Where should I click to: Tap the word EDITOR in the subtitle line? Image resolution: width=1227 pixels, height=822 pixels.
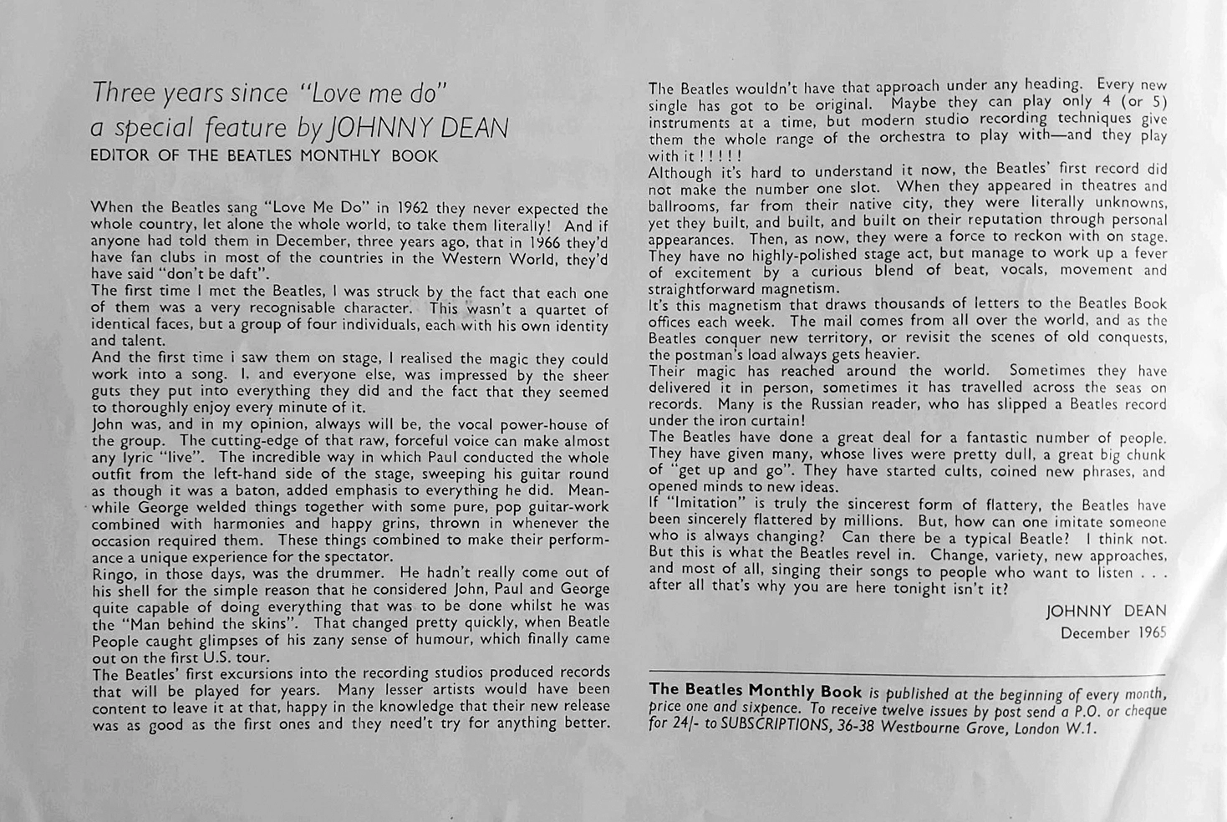click(119, 156)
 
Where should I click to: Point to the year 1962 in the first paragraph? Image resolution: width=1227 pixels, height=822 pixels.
click(413, 208)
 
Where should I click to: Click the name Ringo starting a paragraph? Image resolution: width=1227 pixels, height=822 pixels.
click(112, 573)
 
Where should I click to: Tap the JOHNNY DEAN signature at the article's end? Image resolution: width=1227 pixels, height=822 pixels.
click(1106, 611)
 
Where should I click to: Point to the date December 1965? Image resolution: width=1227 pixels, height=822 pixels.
click(1112, 633)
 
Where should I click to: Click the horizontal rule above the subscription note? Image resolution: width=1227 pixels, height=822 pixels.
click(907, 673)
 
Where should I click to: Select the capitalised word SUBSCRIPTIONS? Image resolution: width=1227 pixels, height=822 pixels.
click(770, 725)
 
